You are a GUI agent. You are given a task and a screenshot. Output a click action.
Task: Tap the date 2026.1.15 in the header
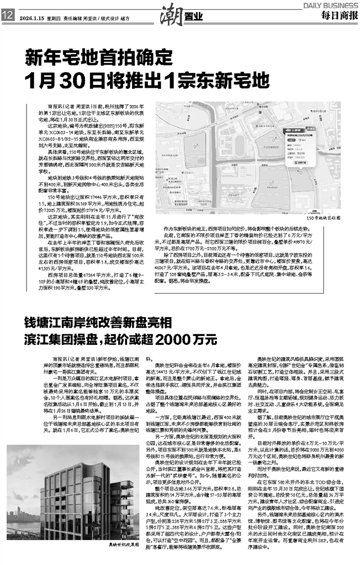point(30,17)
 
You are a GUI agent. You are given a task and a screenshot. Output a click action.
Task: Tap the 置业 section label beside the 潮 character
point(190,17)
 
